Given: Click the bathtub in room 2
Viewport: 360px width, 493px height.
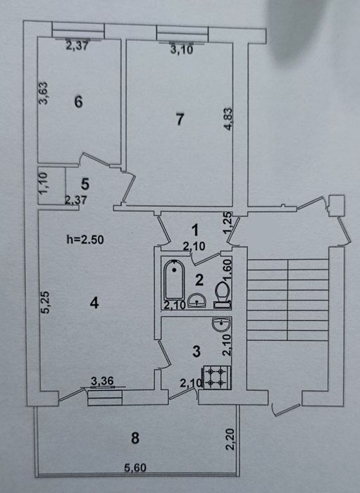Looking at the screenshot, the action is click(174, 280).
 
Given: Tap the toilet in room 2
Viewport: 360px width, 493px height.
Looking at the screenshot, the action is click(223, 294).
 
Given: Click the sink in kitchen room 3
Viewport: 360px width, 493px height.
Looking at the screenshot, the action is click(222, 325).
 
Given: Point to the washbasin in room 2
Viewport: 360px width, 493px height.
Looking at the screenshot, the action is click(197, 301).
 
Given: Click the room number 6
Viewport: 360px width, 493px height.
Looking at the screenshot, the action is click(78, 101).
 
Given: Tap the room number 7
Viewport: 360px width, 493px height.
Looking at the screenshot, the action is click(180, 119).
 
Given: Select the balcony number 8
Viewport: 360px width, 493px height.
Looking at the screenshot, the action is click(135, 437).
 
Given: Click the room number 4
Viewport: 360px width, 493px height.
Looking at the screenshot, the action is click(94, 303).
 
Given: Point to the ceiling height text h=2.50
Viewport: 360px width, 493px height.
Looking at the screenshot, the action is click(85, 239).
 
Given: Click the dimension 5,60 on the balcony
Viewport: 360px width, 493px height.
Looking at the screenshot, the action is click(135, 468).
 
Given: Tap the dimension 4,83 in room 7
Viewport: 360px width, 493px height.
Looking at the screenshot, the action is click(228, 119).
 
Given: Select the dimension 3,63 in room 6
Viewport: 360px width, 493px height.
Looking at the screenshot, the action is click(43, 93).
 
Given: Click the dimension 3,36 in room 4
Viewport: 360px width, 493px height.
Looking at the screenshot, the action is click(103, 381).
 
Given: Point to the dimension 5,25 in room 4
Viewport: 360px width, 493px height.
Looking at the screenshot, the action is click(45, 302).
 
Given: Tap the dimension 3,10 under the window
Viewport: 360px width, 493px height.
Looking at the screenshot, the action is click(182, 50).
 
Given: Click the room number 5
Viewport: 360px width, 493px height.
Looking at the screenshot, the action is click(85, 184).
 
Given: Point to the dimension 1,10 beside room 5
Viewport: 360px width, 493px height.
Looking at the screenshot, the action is click(43, 183).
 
